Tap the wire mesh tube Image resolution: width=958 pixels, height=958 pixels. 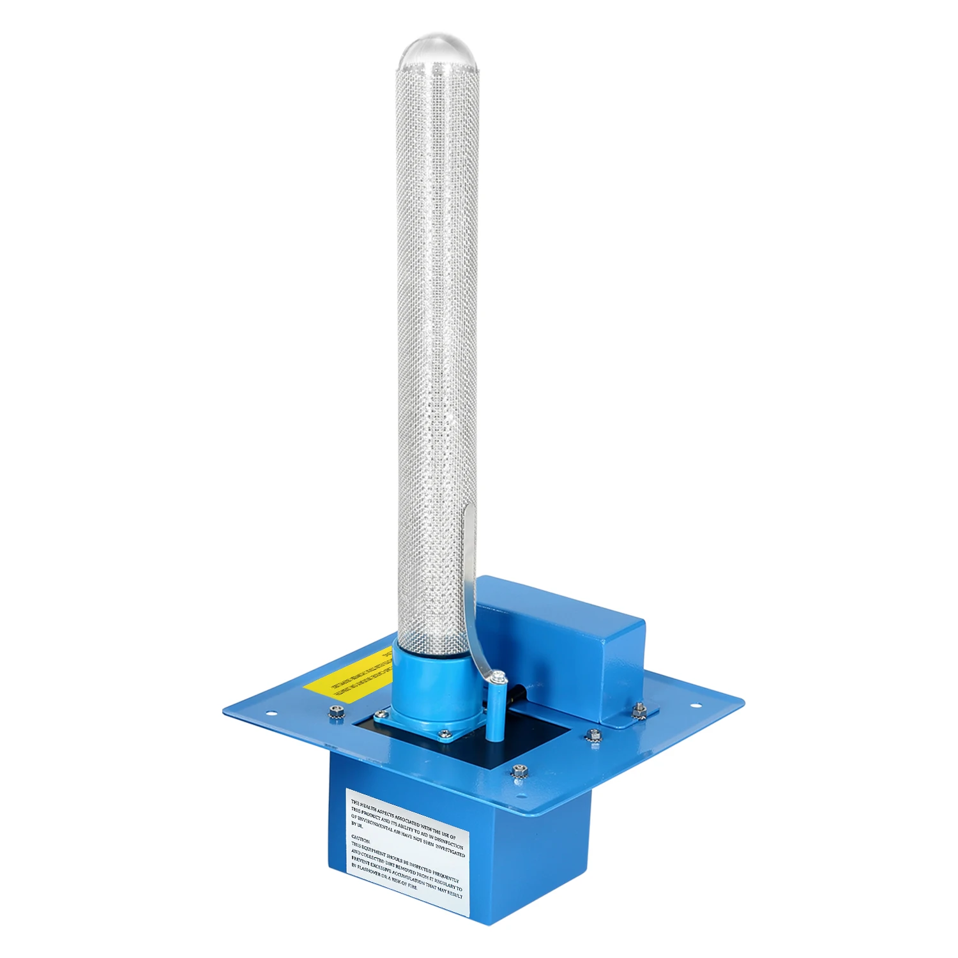436,319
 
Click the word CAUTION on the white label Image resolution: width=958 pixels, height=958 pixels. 361,837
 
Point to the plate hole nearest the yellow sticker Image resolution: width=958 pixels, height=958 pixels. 272,714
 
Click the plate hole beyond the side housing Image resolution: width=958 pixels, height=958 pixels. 696,705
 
